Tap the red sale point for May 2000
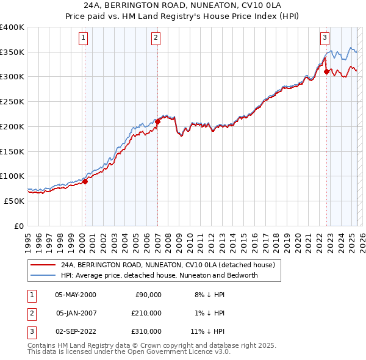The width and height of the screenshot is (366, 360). point(85,181)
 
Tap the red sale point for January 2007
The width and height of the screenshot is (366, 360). point(157,121)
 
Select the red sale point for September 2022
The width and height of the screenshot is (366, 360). point(326,71)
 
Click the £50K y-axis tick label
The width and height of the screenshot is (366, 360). point(15,201)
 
